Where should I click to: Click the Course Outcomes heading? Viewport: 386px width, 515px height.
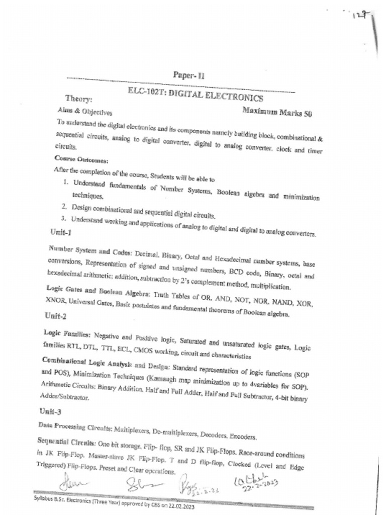[74, 160]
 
